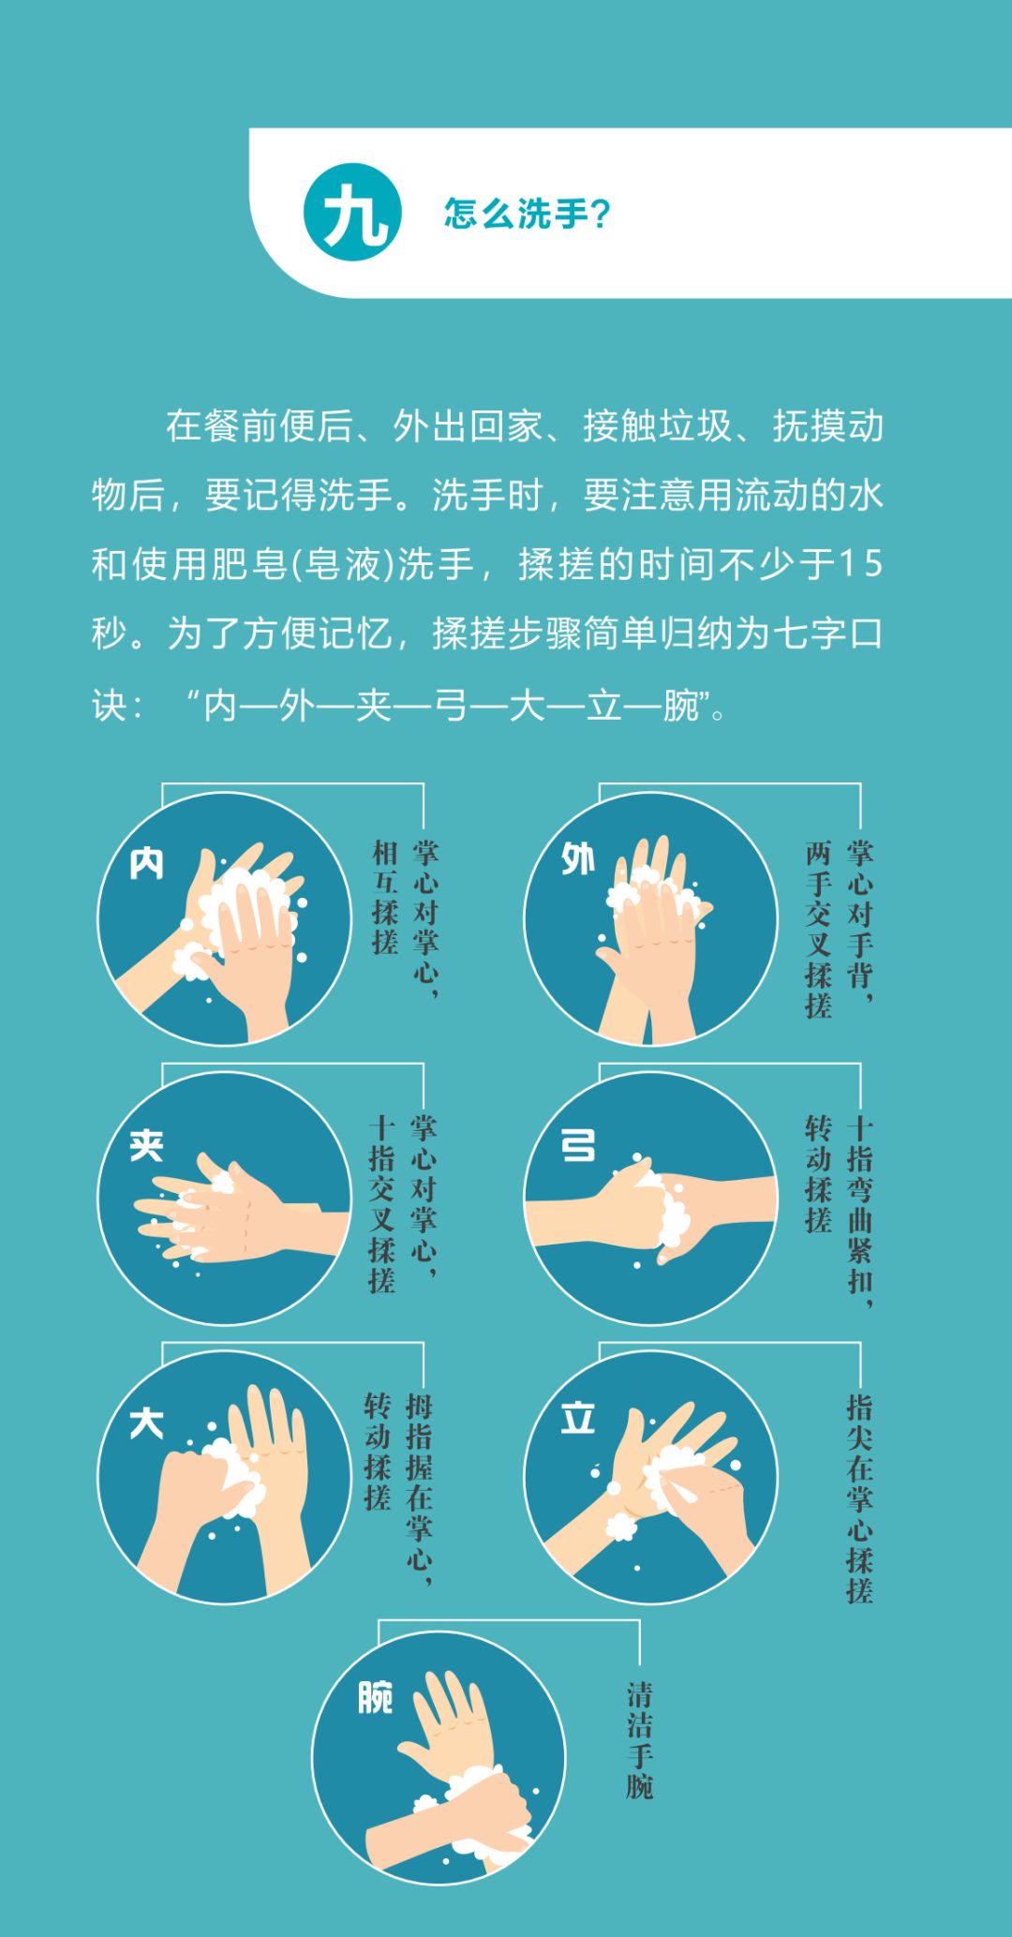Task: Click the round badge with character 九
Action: [x=352, y=213]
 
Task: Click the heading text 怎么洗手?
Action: [x=527, y=214]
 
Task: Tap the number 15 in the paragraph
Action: [x=859, y=564]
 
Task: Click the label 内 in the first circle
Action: [x=147, y=863]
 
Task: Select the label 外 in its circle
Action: [x=577, y=857]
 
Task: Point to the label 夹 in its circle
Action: [x=147, y=1144]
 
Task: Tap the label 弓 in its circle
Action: [x=577, y=1144]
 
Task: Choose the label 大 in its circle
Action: [x=147, y=1423]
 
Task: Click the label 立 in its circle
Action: [x=577, y=1419]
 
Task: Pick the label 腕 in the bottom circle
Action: [x=375, y=1697]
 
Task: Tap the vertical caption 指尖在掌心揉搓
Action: [x=859, y=1498]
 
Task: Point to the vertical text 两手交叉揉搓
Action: [x=818, y=929]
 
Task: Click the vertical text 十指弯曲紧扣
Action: [x=859, y=1209]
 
